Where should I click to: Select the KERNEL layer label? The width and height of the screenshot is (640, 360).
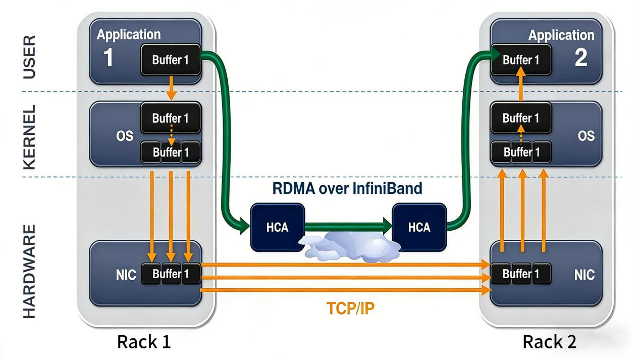pos(30,137)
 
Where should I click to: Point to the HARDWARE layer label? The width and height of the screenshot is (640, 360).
pos(30,272)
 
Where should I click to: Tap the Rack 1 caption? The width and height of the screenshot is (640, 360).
pos(144,342)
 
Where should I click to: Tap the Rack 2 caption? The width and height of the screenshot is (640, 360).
pos(549,342)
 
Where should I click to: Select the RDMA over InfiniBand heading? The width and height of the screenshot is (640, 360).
pos(347,188)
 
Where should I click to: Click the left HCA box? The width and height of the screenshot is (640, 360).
pos(278,227)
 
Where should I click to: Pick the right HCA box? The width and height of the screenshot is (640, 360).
pos(419,227)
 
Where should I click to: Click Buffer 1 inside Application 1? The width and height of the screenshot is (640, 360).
pos(171,60)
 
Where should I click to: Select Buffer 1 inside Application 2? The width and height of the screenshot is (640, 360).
pos(520,60)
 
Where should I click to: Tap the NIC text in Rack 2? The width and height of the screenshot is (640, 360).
pos(584,275)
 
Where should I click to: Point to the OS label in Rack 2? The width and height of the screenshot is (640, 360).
pos(586,136)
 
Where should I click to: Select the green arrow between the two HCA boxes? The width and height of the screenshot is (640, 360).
pos(348,227)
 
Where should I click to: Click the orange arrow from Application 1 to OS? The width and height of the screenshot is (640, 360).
pos(171,88)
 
